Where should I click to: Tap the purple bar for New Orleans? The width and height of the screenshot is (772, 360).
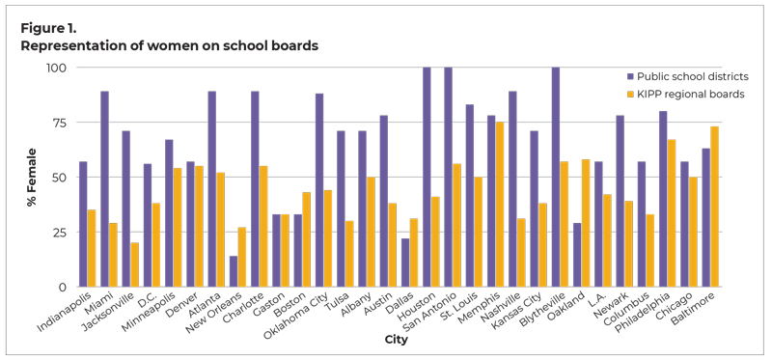click(234, 271)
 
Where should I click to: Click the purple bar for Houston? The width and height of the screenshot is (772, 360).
click(427, 178)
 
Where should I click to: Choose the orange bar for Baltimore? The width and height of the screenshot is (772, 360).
click(714, 207)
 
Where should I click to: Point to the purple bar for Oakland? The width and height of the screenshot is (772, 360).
click(577, 255)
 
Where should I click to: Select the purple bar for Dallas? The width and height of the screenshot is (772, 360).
click(405, 263)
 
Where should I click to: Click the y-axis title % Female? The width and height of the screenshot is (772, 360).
click(32, 178)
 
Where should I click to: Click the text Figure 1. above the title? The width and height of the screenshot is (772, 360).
click(47, 27)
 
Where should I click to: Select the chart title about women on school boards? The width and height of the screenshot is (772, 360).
click(169, 44)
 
